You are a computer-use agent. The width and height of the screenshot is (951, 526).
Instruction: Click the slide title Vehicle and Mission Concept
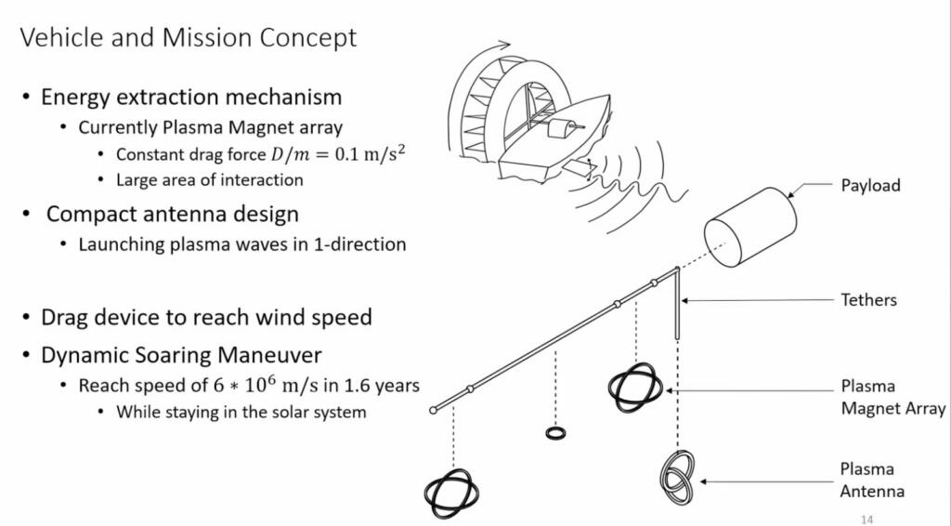coord(188,37)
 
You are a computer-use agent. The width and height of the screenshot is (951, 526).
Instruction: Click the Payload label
coord(870,186)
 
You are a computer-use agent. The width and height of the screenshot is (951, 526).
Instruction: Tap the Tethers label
coord(868,299)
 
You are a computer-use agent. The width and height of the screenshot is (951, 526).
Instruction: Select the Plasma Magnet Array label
coord(892,398)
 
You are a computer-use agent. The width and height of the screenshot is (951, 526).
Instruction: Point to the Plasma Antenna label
coord(872,480)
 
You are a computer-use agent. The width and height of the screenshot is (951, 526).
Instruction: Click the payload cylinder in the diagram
coord(750,228)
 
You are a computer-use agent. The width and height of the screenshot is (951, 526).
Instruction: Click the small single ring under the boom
coord(555,433)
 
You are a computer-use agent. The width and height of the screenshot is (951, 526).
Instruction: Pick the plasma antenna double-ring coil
coord(677,477)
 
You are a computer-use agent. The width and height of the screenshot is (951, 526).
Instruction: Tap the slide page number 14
coord(866,519)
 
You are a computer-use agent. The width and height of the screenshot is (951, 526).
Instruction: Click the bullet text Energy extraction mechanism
coord(191,97)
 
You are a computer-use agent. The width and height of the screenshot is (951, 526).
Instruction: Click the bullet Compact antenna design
coord(172,214)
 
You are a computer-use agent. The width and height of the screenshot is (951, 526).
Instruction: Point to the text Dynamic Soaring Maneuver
coord(181,355)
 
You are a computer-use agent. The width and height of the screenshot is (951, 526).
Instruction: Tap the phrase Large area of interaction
coord(209,180)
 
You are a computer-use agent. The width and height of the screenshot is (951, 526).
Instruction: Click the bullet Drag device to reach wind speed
coord(206,317)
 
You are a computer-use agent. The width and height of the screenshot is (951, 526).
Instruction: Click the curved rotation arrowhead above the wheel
coord(504,44)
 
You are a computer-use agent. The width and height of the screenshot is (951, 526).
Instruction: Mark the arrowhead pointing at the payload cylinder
coord(791,194)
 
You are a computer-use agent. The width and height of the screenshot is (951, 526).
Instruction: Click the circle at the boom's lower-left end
coord(433,411)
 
